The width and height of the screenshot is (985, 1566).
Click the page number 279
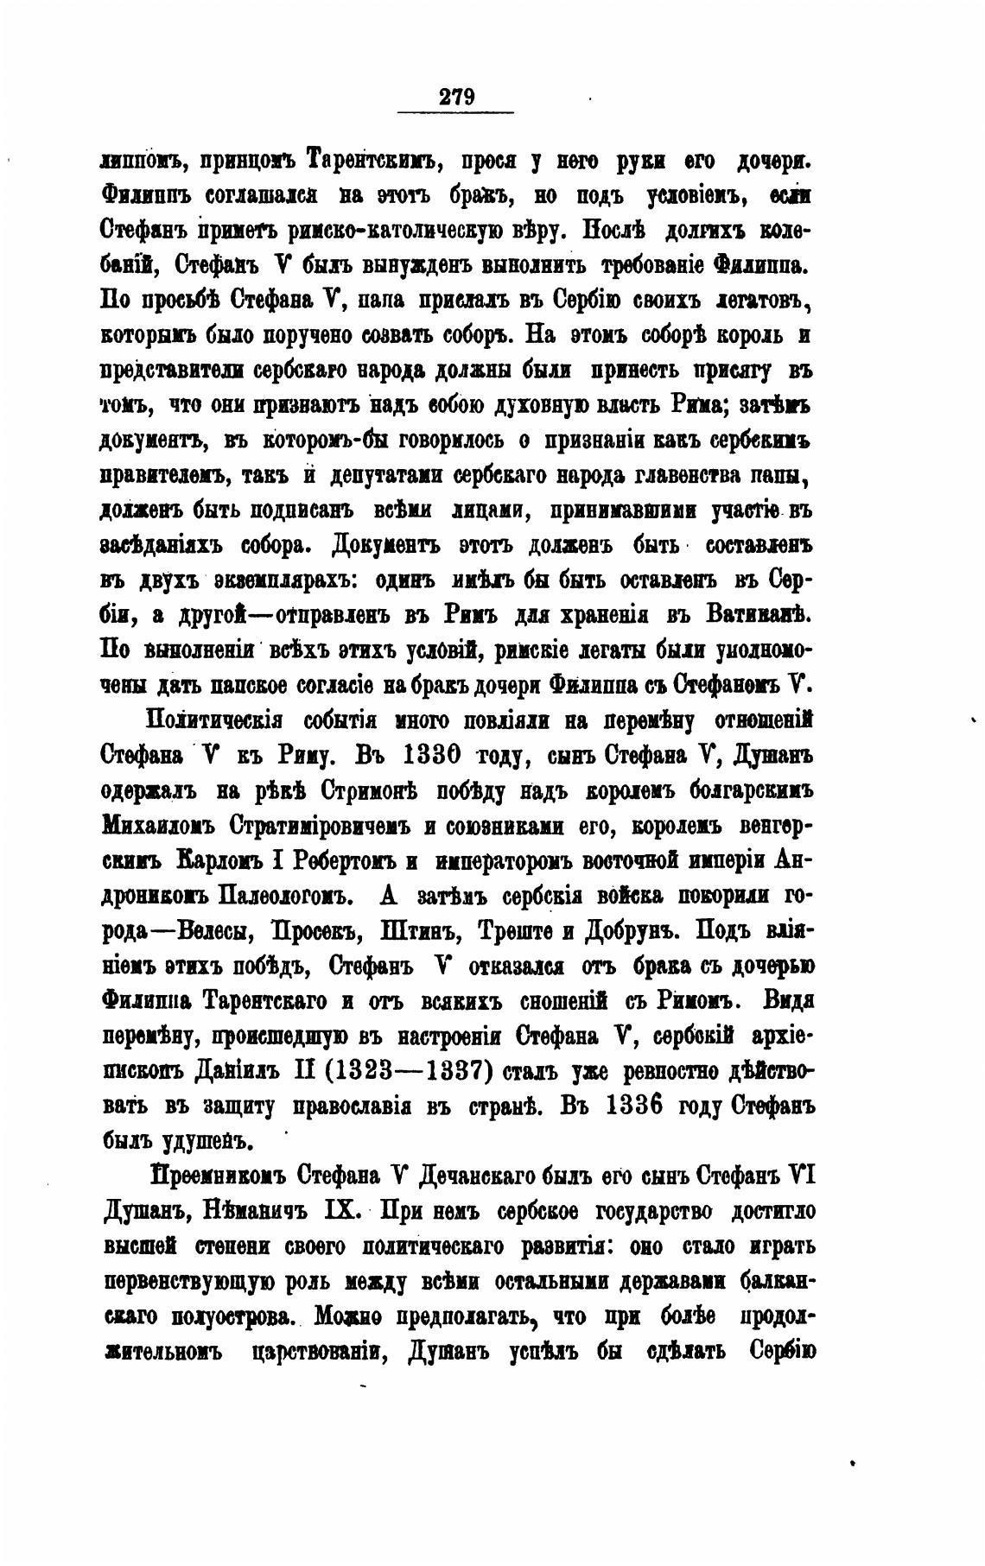coord(457,95)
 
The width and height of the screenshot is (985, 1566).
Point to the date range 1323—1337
coord(408,1071)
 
